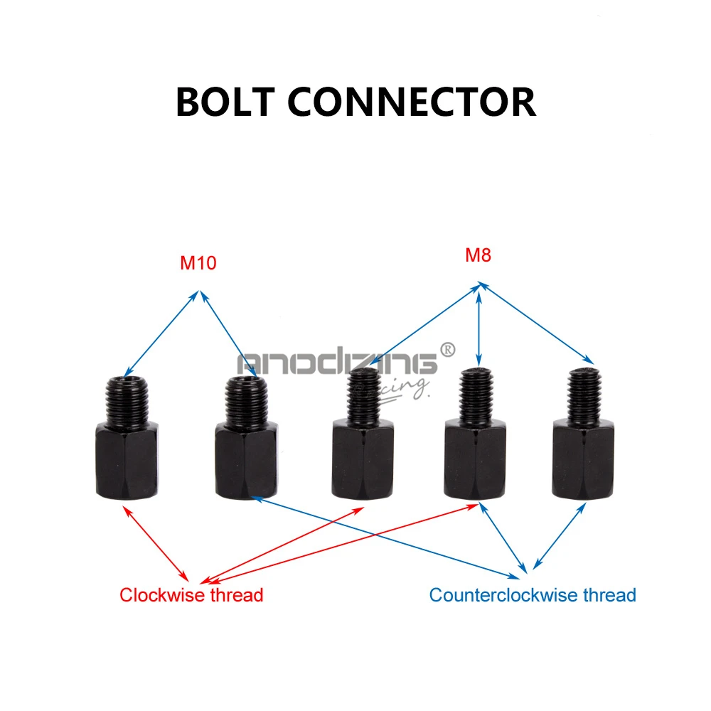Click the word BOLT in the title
[225, 102]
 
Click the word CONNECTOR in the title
[412, 102]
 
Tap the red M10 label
[198, 263]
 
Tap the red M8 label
[478, 255]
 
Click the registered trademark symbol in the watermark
[447, 350]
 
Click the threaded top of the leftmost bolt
[127, 399]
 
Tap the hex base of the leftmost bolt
[127, 460]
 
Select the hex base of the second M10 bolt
[246, 460]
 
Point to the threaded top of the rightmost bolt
[584, 395]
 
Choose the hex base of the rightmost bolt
[583, 459]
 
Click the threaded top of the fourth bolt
[476, 395]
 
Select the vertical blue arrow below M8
[479, 325]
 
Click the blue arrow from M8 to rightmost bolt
[536, 323]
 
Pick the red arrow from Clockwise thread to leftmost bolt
[156, 543]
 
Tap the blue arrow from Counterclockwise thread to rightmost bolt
[560, 536]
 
